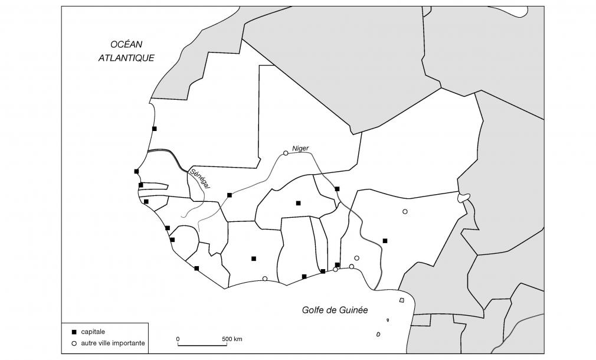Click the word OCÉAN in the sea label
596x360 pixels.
point(126,44)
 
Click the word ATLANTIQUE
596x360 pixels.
point(126,58)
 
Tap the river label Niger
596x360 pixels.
point(300,148)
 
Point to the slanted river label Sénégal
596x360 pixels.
point(201,178)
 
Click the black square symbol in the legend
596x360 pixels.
point(73,332)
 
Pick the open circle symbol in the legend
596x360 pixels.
point(73,343)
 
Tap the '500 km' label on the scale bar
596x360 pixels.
point(232,339)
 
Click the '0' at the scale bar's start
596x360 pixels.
point(178,339)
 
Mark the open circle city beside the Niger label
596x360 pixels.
point(286,153)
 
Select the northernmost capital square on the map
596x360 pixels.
point(154,128)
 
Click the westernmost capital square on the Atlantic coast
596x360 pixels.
point(136,171)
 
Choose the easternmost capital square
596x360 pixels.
point(385,240)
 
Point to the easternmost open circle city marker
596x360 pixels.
point(405,211)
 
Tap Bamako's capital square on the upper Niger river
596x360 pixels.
point(229,195)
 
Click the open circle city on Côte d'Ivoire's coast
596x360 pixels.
point(264,279)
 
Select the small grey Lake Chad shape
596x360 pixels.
point(464,198)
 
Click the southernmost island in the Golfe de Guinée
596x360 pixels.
point(378,334)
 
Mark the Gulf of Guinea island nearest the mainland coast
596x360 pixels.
point(402,300)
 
